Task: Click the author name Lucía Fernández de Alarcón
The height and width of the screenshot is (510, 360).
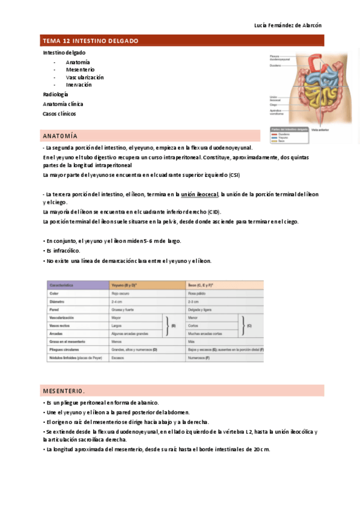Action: coord(288,25)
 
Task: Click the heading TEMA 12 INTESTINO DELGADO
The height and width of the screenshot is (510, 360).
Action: coord(90,41)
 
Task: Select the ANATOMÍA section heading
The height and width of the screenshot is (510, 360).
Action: coord(59,136)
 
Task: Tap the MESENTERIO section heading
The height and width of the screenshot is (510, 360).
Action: coord(63,390)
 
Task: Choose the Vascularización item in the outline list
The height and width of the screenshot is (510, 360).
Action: coord(85,78)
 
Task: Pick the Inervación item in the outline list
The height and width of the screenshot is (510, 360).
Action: coord(79,85)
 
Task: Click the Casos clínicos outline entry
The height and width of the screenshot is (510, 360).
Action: coord(59,114)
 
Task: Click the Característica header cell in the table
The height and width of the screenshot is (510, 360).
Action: coord(65,285)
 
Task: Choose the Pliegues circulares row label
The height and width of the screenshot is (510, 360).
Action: coord(66,349)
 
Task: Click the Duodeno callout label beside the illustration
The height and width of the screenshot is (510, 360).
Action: coord(276,66)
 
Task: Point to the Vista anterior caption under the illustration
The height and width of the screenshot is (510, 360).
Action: coord(318,129)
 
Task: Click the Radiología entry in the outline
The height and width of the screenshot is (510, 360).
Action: coord(55,94)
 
